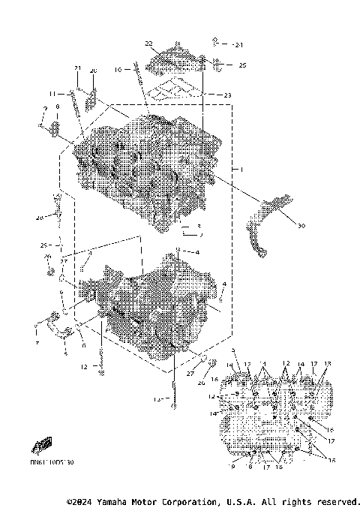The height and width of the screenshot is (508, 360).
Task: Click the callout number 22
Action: (148, 44)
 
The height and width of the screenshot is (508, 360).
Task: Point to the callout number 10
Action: (118, 70)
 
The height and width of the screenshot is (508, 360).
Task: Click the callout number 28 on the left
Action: (40, 218)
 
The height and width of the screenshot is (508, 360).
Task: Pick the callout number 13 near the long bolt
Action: (156, 399)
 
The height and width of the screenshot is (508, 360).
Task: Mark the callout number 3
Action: (199, 225)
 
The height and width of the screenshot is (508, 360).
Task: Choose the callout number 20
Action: (94, 71)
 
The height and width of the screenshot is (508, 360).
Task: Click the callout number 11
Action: (53, 93)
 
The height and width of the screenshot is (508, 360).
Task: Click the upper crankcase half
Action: (142, 165)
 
